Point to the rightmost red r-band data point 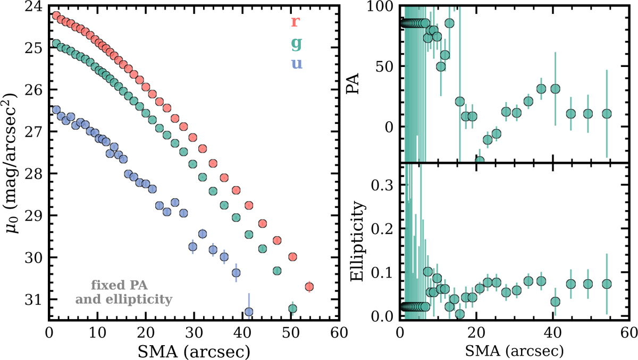pos(309,287)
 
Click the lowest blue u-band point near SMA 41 pos(248,312)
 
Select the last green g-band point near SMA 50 pos(292,308)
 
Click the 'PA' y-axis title pos(352,84)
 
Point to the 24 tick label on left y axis pos(32,7)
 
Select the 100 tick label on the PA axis pos(379,7)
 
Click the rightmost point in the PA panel pos(607,114)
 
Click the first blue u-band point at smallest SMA pos(56,110)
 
